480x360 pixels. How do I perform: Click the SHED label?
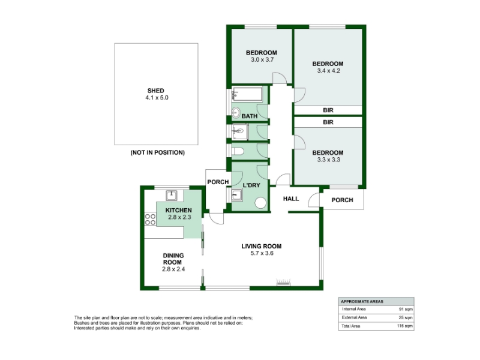click(156, 91)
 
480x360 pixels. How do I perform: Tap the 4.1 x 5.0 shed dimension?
click(157, 98)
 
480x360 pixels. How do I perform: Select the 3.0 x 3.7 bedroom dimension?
click(262, 59)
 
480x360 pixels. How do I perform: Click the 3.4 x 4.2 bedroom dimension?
click(328, 71)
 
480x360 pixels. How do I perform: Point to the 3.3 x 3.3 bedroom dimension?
click(328, 160)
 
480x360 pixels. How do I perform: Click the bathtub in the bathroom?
click(247, 94)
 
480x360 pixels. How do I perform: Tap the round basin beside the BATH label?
click(236, 113)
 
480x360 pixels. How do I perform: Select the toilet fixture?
click(238, 151)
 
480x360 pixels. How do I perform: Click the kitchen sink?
click(172, 195)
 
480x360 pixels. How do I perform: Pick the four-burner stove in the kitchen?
click(150, 219)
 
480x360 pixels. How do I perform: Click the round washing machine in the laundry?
click(260, 203)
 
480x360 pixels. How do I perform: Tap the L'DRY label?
click(251, 185)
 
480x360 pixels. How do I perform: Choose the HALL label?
click(291, 199)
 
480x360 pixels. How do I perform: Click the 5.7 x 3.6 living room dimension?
click(262, 253)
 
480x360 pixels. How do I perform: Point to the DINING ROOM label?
click(173, 259)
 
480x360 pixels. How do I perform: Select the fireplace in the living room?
click(283, 282)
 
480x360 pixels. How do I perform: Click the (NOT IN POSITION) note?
click(158, 152)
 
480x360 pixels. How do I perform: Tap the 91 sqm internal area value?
click(406, 309)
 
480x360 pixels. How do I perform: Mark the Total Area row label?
click(351, 326)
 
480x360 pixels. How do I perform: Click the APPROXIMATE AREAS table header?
click(362, 302)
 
